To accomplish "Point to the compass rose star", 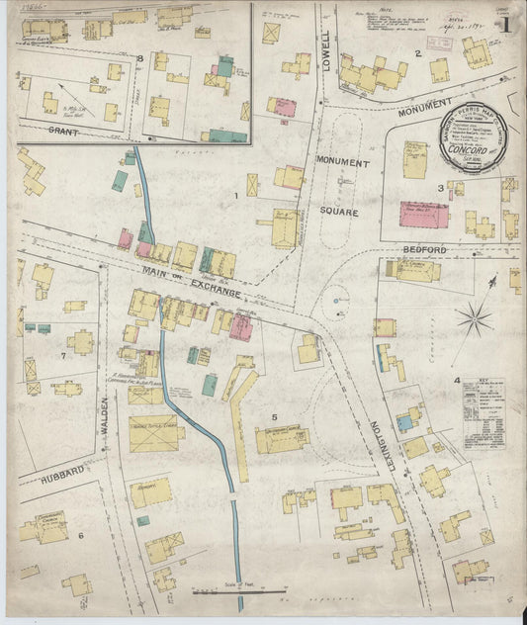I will tap(476, 318).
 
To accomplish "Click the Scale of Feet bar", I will tap(233, 592).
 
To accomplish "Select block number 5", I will tap(273, 417).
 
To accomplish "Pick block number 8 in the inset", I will tap(140, 59).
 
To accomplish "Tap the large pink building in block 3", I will tap(423, 215).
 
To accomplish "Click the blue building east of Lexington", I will tap(403, 423).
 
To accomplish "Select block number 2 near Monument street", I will tap(418, 53).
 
